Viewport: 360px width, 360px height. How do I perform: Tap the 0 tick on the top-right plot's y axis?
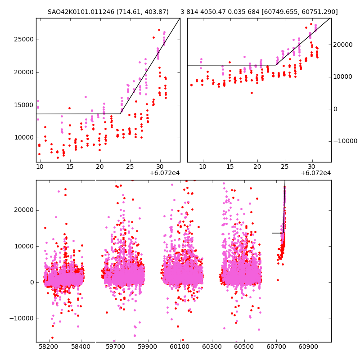[335, 109]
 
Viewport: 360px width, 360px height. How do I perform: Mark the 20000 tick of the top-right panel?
[344, 45]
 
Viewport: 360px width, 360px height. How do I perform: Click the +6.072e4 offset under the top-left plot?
[165, 173]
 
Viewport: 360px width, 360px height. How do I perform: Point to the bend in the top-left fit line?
[120, 114]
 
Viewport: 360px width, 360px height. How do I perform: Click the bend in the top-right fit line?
[276, 65]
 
